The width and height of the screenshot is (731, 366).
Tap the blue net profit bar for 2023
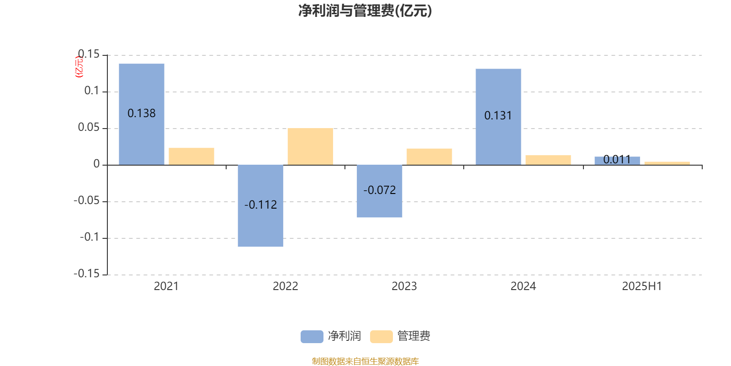pyautogui.click(x=380, y=206)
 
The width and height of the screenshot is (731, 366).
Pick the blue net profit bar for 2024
pyautogui.click(x=498, y=91)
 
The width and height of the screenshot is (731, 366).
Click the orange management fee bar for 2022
pyautogui.click(x=310, y=146)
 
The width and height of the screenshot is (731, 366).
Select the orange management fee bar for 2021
pyautogui.click(x=191, y=156)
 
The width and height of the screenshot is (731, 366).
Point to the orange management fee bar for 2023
pyautogui.click(x=429, y=156)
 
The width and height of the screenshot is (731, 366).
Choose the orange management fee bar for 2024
pyautogui.click(x=548, y=160)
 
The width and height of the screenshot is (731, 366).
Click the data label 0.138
pyautogui.click(x=142, y=113)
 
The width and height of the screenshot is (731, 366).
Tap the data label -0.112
pyautogui.click(x=260, y=205)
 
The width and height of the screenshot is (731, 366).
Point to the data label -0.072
pyautogui.click(x=380, y=190)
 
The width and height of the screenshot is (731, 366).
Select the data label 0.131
pyautogui.click(x=498, y=116)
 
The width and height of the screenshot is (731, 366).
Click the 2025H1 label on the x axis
pyautogui.click(x=642, y=286)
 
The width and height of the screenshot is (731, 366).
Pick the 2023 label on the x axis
pyautogui.click(x=404, y=286)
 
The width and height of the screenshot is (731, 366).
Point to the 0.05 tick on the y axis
pyautogui.click(x=89, y=128)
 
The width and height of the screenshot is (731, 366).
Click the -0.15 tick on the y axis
pyautogui.click(x=86, y=274)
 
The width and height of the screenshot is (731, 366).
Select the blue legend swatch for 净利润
pyautogui.click(x=312, y=336)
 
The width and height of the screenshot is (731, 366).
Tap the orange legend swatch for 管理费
pyautogui.click(x=381, y=336)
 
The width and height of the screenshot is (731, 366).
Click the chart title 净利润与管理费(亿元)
pyautogui.click(x=365, y=11)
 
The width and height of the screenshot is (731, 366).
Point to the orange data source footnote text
pyautogui.click(x=365, y=361)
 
